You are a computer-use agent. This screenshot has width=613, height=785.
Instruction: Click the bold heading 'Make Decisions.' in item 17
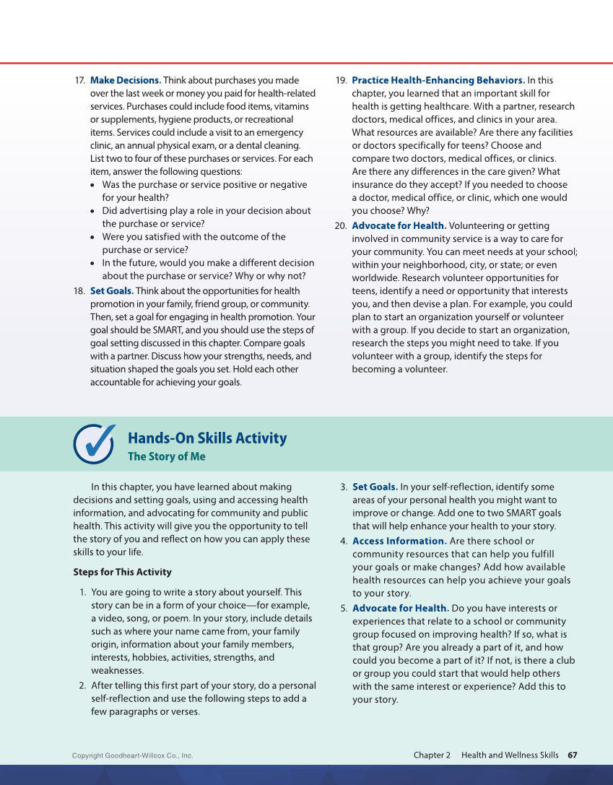(x=125, y=80)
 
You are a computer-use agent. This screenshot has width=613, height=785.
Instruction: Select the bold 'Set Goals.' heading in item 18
(x=111, y=291)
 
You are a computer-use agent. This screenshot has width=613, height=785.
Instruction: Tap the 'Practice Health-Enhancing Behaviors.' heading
(x=438, y=80)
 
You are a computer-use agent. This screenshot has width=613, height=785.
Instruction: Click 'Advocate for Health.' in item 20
(x=399, y=226)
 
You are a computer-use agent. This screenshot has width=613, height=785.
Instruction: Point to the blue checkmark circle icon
(x=94, y=444)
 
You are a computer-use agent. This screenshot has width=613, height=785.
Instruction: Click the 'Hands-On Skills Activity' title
(x=207, y=438)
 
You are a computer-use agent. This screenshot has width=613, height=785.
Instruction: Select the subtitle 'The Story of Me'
(x=166, y=456)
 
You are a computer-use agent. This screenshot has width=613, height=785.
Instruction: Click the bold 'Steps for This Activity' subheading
(x=122, y=572)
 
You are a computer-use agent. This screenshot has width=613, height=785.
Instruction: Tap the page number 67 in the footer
(x=573, y=755)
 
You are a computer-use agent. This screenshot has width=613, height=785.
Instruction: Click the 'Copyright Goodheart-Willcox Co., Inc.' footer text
(x=132, y=756)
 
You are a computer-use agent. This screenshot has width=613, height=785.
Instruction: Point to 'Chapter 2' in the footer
(x=432, y=755)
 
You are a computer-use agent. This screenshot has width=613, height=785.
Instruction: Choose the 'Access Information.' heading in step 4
(x=399, y=541)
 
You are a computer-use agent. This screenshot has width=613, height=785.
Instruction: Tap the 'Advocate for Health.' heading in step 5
(x=400, y=608)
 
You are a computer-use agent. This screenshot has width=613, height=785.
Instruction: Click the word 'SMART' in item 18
(x=167, y=330)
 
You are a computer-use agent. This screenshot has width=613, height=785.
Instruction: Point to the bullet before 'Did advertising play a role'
(x=94, y=212)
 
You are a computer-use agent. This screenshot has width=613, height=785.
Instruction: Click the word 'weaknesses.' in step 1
(x=116, y=670)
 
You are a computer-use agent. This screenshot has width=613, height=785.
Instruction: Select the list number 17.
(x=79, y=80)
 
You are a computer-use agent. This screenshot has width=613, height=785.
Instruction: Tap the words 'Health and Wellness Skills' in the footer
(x=510, y=755)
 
